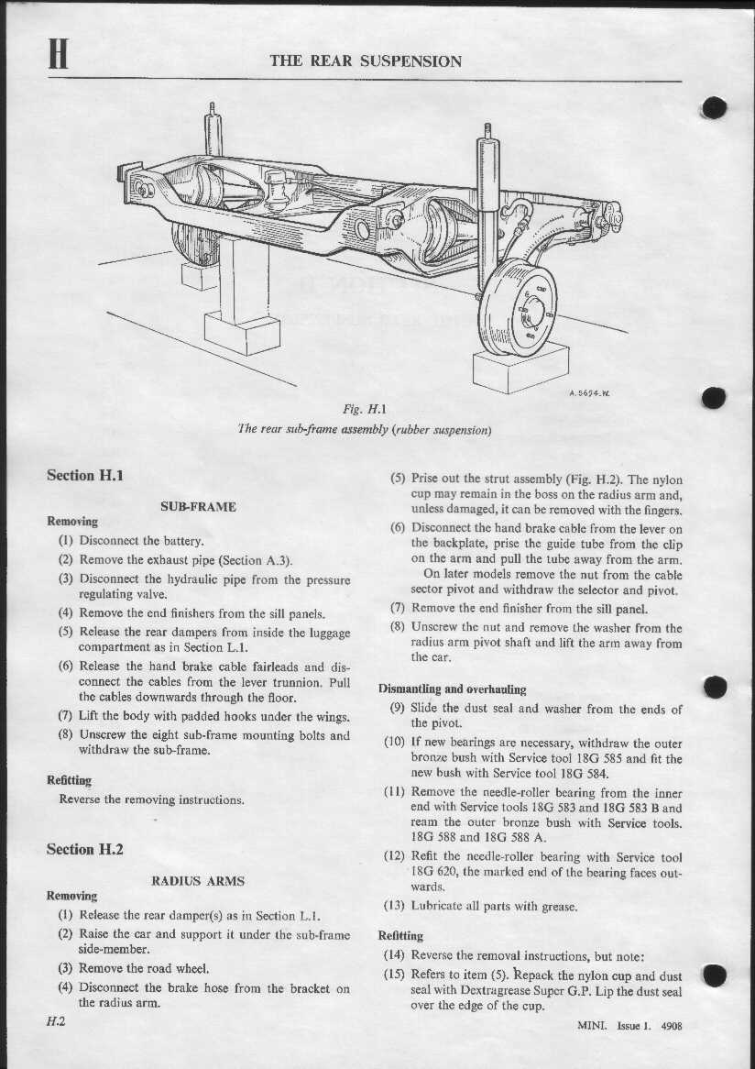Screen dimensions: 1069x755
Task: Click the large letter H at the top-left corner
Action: click(x=60, y=56)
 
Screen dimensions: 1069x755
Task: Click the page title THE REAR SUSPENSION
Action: click(x=366, y=61)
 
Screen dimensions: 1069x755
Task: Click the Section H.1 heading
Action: click(x=84, y=475)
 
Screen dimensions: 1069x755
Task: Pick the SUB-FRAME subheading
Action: click(x=198, y=506)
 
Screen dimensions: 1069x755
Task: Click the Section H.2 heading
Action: click(x=84, y=849)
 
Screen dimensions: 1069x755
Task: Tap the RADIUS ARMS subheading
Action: click(x=198, y=880)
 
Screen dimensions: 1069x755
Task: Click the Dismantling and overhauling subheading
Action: click(x=452, y=689)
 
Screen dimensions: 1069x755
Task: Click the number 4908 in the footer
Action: click(x=671, y=1026)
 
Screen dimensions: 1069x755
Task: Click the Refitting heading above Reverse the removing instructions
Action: click(x=70, y=780)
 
